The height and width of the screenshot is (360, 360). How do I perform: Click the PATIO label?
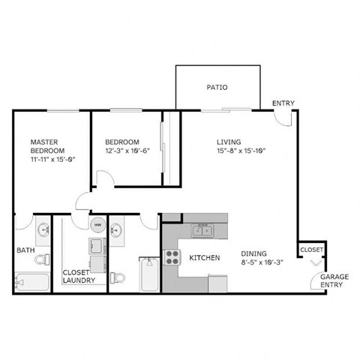[217, 88]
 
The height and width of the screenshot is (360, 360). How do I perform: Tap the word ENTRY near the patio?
[283, 103]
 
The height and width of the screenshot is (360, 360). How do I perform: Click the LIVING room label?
[229, 141]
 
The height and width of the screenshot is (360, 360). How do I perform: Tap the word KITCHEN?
[204, 257]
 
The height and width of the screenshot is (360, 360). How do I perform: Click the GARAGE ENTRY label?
[334, 280]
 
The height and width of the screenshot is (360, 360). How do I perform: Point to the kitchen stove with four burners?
[172, 257]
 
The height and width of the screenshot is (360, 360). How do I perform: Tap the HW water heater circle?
[97, 224]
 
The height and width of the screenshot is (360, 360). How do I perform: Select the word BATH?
[25, 250]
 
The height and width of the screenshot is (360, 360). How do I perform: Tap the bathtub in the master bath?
[32, 283]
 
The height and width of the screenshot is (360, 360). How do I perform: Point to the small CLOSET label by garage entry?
[311, 248]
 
